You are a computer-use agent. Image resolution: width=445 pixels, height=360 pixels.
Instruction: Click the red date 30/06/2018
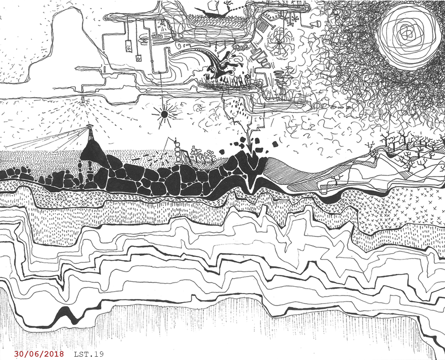pos(39,354)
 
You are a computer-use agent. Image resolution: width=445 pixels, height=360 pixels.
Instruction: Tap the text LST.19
pos(89,354)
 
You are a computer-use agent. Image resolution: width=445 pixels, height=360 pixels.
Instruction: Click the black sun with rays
pos(164,114)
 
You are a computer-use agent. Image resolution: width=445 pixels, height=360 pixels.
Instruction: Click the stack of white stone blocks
pos(179,155)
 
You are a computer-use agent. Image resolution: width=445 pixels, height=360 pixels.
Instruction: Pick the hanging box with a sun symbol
pos(129,46)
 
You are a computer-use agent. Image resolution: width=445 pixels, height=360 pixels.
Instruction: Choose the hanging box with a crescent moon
pos(139,58)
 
